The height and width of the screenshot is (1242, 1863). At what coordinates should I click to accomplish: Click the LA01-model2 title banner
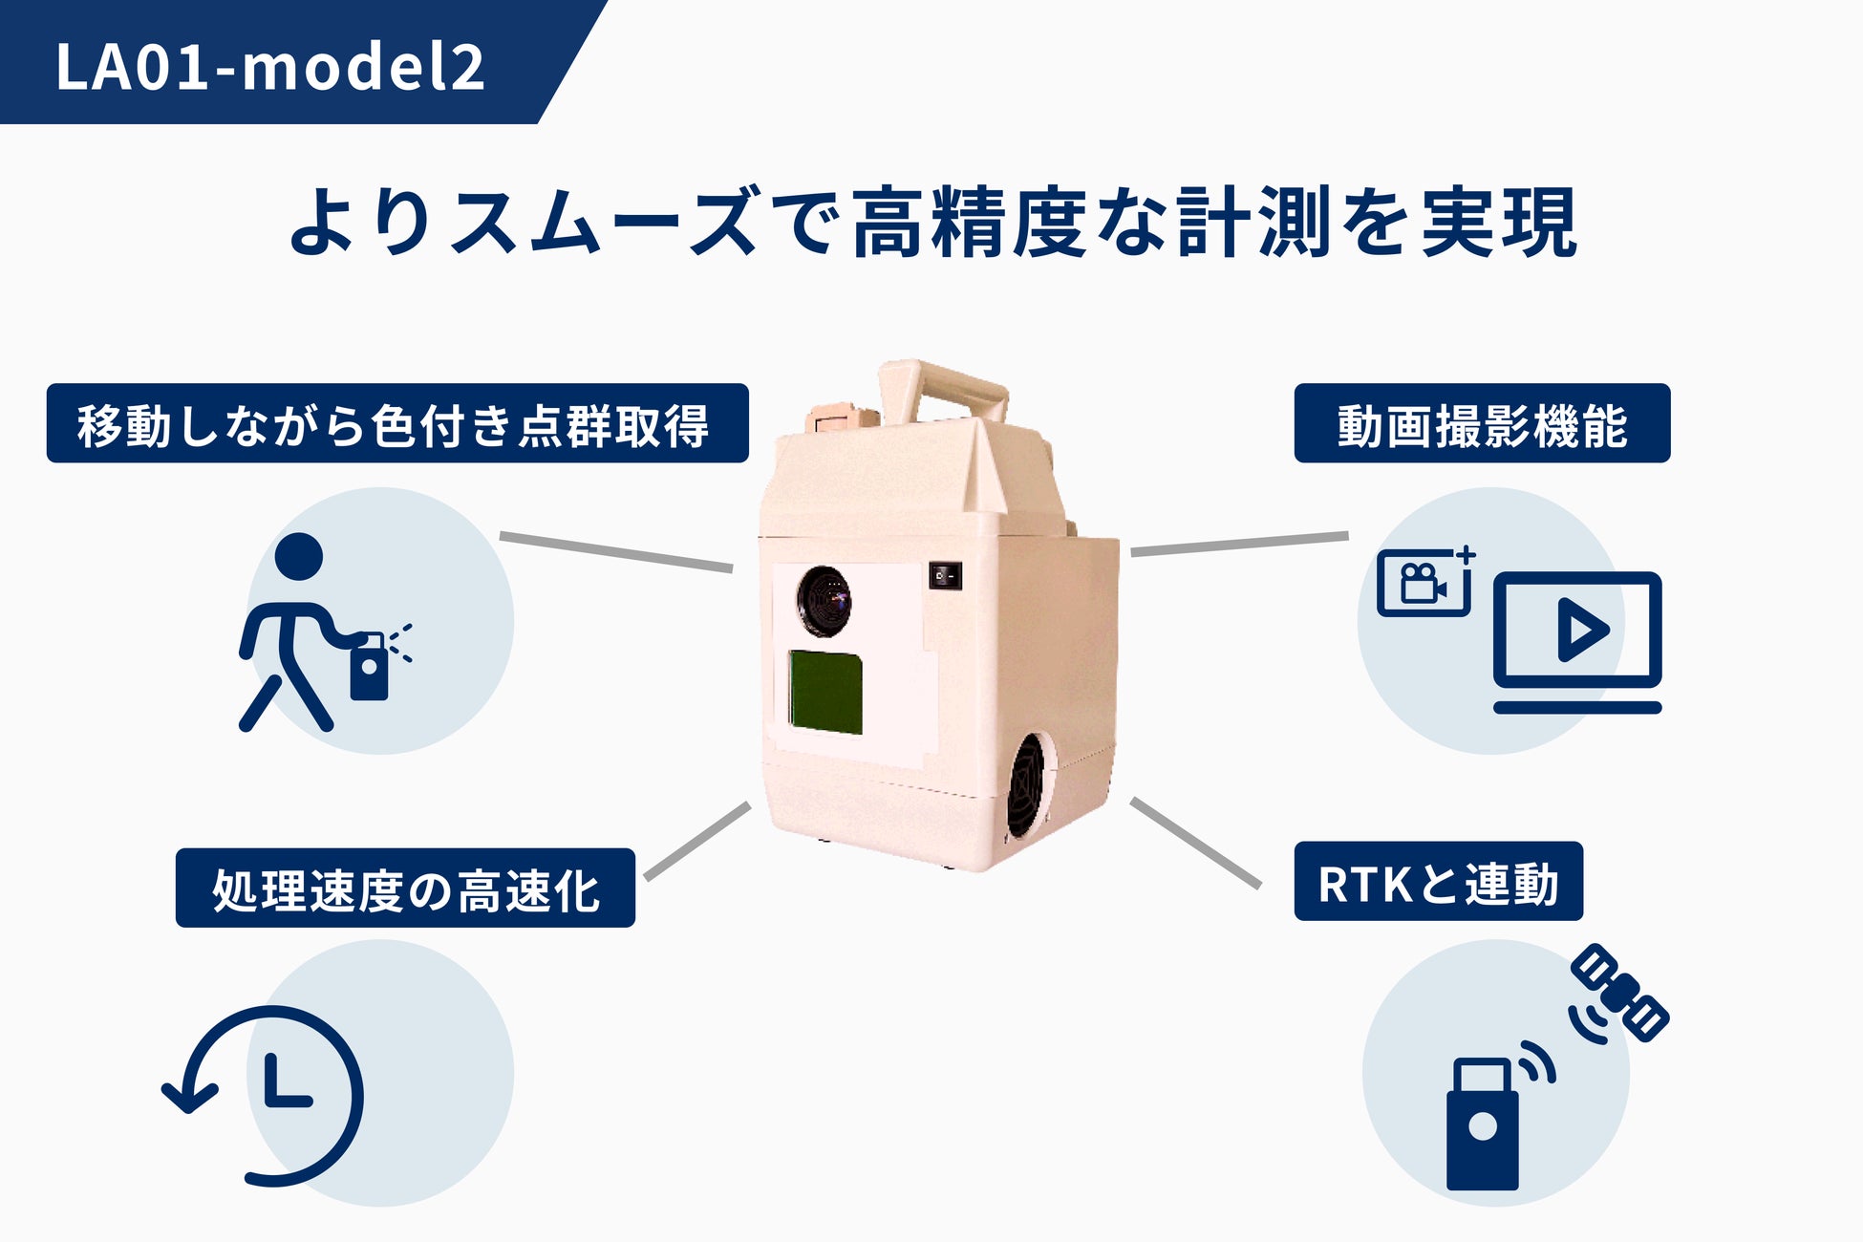click(270, 65)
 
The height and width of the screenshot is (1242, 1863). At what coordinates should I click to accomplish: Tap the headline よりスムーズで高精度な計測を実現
click(931, 223)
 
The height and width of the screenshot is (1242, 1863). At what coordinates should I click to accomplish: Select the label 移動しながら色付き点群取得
click(396, 424)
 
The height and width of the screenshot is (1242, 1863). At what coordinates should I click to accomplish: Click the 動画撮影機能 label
click(1481, 424)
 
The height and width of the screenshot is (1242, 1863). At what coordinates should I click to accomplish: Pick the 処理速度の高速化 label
click(405, 889)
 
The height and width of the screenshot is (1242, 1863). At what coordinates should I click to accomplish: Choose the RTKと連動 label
click(1437, 882)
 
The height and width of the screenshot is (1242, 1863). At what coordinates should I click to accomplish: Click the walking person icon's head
click(298, 556)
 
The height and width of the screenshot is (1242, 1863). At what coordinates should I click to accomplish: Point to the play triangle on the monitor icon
click(1580, 630)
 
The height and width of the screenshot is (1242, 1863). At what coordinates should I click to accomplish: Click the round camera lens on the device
click(824, 601)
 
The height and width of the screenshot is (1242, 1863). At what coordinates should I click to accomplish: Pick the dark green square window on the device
click(825, 692)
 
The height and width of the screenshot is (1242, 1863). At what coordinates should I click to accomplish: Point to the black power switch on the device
click(945, 575)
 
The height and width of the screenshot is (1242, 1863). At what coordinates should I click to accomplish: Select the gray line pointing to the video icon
click(1239, 544)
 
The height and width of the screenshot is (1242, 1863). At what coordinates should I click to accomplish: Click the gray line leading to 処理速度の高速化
click(697, 841)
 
